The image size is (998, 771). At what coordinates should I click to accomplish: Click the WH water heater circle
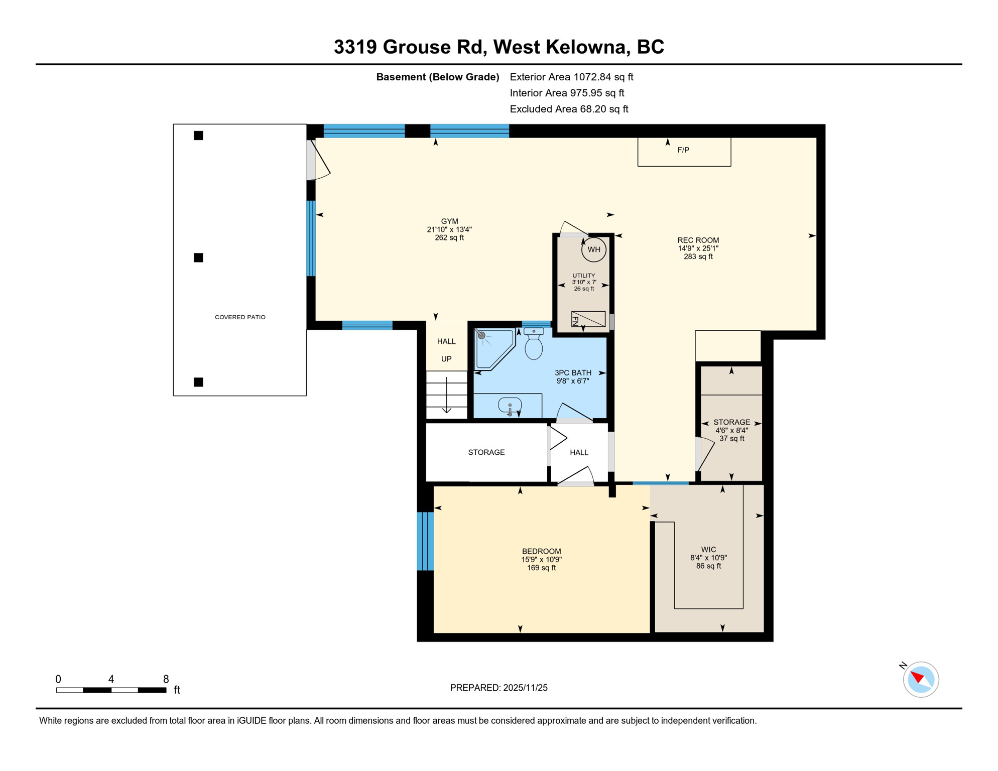click(x=593, y=249)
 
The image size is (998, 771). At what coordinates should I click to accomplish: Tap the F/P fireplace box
click(x=684, y=151)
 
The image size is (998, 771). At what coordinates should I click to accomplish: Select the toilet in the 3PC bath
click(x=534, y=345)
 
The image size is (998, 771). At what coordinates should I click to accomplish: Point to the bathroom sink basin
click(x=510, y=405)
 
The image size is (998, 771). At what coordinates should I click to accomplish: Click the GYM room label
click(x=449, y=221)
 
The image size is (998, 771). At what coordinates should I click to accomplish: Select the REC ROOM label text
click(x=698, y=240)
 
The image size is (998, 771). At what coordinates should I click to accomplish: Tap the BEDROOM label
click(x=541, y=551)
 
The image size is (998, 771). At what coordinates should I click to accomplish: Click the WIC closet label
click(x=708, y=550)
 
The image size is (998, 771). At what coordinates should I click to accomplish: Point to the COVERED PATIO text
click(x=240, y=317)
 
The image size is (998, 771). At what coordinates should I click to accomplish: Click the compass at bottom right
click(x=921, y=680)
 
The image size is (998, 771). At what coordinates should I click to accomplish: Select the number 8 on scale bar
click(x=166, y=680)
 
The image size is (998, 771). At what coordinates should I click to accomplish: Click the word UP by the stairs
click(x=446, y=359)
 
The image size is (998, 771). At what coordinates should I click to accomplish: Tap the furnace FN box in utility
click(x=588, y=319)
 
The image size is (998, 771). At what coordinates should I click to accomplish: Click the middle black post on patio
click(x=199, y=258)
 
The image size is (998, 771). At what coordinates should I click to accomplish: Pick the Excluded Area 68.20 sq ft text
click(x=569, y=109)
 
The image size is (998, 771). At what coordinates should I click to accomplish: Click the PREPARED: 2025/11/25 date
click(x=498, y=688)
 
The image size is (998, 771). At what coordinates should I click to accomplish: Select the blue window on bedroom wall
click(x=425, y=541)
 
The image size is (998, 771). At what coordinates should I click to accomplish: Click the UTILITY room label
click(x=583, y=276)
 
